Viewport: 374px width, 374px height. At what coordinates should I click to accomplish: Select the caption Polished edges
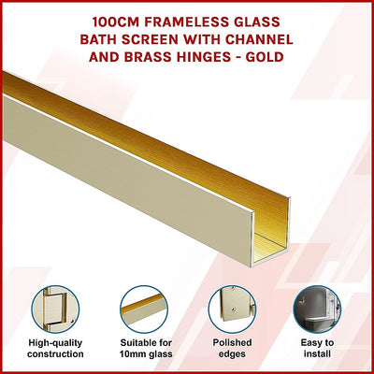tap(231, 348)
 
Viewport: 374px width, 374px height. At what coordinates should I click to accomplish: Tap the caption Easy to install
tap(318, 348)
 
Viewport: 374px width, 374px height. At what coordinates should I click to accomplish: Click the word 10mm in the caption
tap(131, 354)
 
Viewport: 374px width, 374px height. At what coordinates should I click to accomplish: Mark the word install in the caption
tap(318, 354)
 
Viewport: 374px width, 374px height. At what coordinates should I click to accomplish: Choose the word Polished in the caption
tap(231, 342)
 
